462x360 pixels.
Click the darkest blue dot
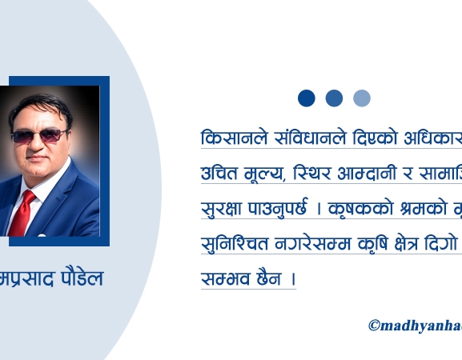point(307,98)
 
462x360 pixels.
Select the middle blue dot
point(334,98)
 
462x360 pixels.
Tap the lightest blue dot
point(362,98)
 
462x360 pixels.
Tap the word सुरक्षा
point(224,209)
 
